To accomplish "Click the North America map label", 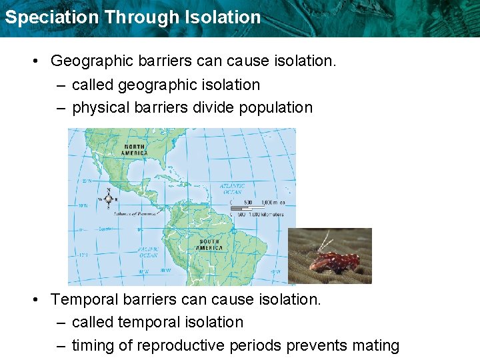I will (x=134, y=149).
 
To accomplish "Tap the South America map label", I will (x=209, y=244).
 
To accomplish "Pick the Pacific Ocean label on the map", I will (x=148, y=251).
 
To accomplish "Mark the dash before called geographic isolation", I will (x=61, y=85).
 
